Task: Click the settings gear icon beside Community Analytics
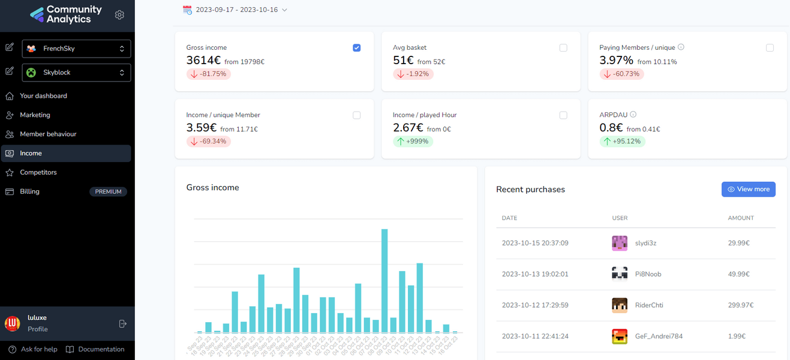[119, 15]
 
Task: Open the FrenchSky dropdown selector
[76, 49]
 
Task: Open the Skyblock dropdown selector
[76, 73]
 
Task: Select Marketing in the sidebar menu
[35, 115]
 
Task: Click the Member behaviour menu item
[48, 134]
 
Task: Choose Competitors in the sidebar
[38, 173]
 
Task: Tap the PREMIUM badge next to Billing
[108, 192]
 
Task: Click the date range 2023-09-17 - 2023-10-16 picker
[235, 10]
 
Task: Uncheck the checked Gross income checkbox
[357, 48]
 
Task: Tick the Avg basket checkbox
[563, 48]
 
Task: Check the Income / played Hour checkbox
[563, 115]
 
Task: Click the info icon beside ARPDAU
[633, 115]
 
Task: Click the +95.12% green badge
[622, 142]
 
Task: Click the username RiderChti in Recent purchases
[649, 305]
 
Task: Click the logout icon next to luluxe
[123, 323]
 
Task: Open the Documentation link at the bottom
[101, 349]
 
